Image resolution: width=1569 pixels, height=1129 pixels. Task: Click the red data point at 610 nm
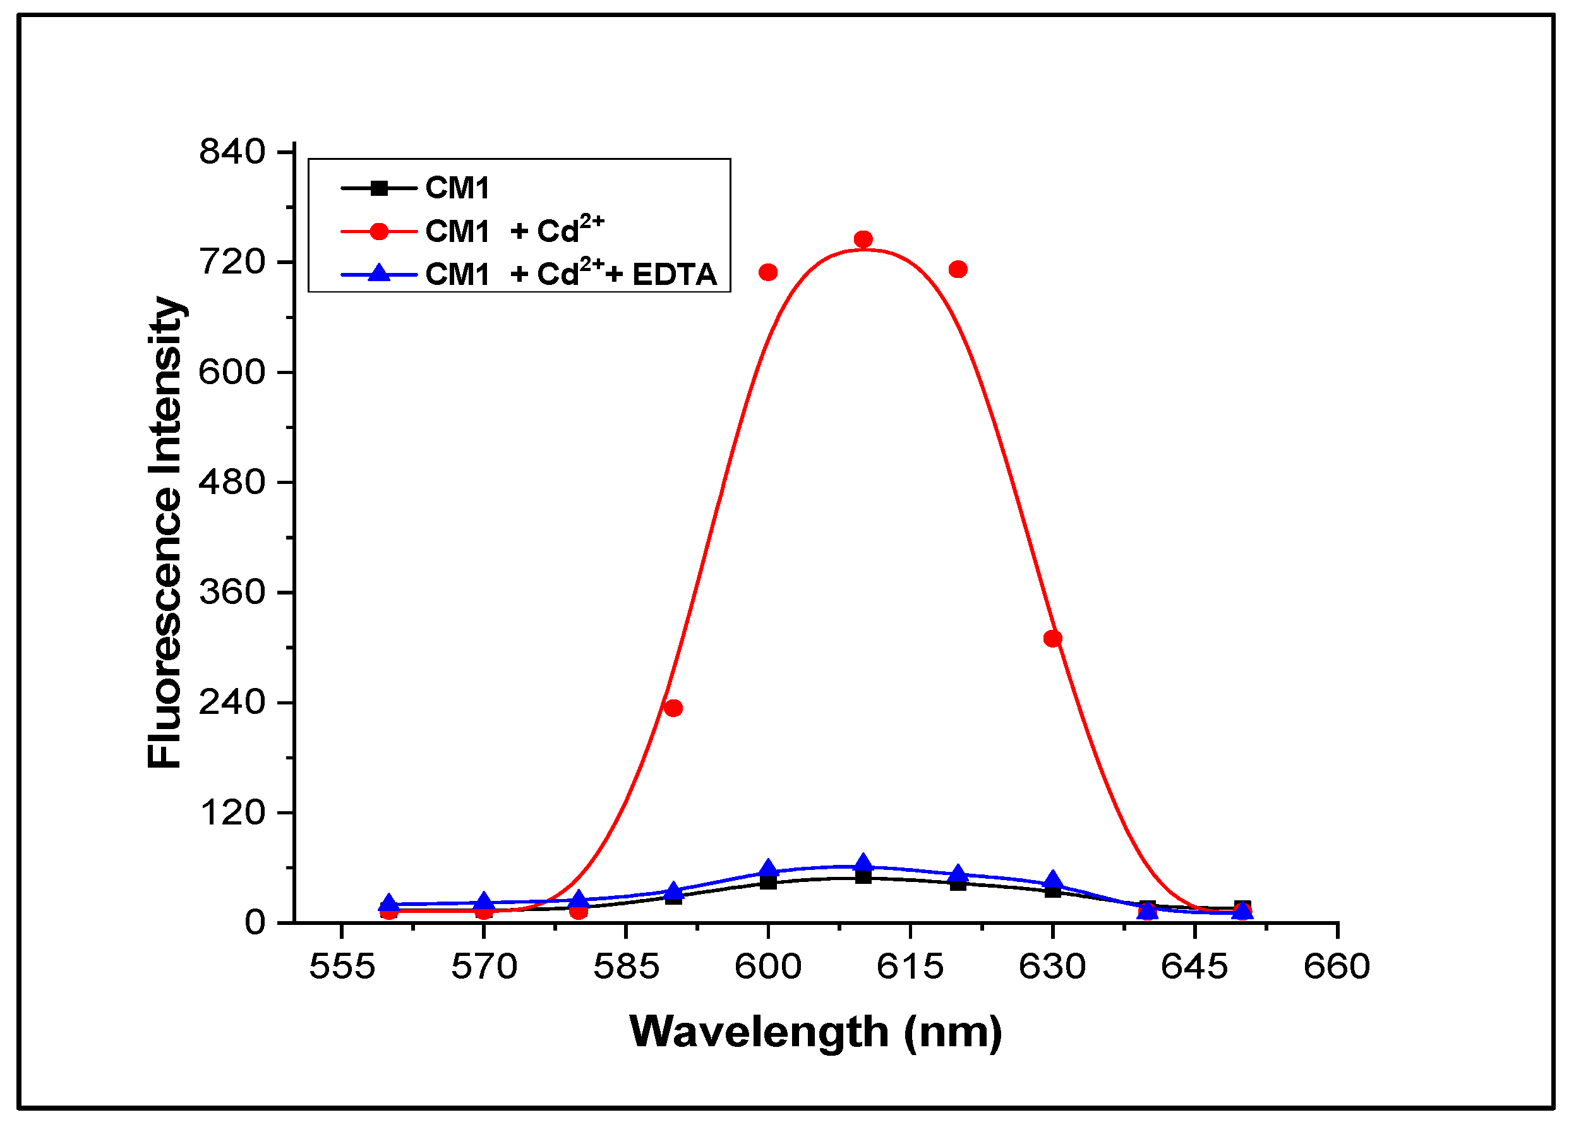click(863, 239)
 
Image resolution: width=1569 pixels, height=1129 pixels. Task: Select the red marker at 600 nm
click(768, 272)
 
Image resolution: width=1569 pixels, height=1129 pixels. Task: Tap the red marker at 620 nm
click(958, 269)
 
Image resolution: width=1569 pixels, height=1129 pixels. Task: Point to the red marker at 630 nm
click(1053, 639)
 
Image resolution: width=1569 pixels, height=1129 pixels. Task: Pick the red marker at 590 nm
click(673, 708)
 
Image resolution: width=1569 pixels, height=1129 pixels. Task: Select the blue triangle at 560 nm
click(389, 903)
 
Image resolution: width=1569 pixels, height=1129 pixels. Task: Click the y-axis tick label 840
click(232, 152)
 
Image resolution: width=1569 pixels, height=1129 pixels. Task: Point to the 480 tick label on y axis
click(232, 481)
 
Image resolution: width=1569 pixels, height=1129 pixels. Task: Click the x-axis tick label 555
click(342, 967)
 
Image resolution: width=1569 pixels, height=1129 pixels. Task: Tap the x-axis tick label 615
click(910, 967)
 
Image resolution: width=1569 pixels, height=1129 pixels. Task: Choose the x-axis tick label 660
click(1337, 967)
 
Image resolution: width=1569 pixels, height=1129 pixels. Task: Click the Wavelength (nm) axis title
click(815, 1032)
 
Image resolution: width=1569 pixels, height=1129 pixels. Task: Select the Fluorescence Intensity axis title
click(165, 533)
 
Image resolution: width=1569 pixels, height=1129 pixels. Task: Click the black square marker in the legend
click(379, 188)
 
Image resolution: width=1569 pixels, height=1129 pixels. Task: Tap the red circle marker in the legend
click(379, 231)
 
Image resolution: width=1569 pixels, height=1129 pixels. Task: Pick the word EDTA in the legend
click(675, 275)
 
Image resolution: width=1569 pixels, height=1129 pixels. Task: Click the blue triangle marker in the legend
click(379, 274)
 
